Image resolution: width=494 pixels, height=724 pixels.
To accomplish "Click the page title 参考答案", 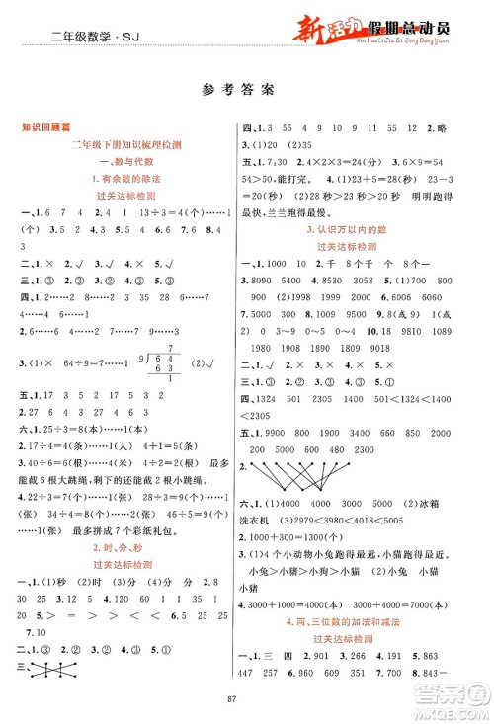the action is [x=246, y=86].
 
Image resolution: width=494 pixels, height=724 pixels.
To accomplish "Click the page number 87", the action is [x=246, y=699].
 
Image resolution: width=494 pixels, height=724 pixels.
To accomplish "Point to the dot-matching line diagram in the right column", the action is [x=296, y=453].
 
